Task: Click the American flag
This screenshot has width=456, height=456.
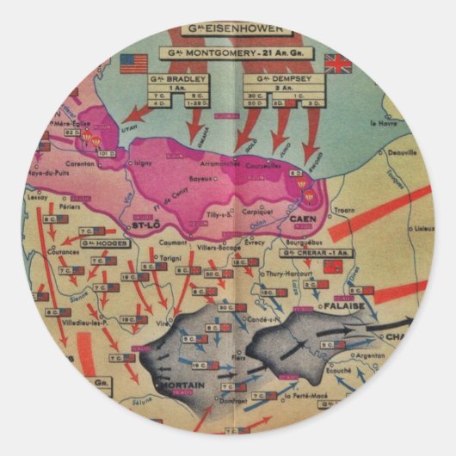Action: (x=134, y=63)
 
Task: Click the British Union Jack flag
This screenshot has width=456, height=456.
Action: (x=337, y=63)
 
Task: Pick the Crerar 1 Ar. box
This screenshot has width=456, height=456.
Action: (x=317, y=253)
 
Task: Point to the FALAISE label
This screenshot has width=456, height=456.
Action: (x=361, y=305)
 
